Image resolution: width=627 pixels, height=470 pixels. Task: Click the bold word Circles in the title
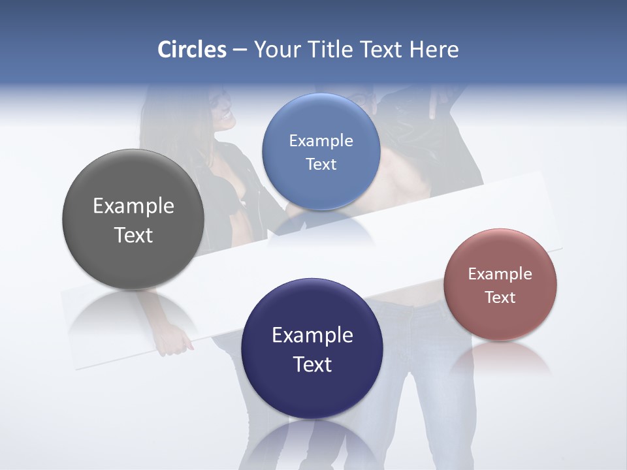[x=192, y=50]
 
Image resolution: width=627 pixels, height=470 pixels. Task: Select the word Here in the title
[x=434, y=50]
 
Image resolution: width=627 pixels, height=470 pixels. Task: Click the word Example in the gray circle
[x=133, y=206]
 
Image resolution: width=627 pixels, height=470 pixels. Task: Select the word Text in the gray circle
[x=133, y=235]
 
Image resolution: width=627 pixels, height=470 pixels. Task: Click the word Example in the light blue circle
[x=321, y=141]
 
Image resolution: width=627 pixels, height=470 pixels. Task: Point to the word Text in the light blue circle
[x=321, y=164]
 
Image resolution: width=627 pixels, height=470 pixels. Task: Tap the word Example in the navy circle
[x=312, y=336]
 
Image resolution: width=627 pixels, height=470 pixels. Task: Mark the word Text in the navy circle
[x=312, y=364]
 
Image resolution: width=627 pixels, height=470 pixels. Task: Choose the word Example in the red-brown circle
[x=500, y=274]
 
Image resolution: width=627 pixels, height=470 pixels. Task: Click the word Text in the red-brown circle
[x=500, y=298]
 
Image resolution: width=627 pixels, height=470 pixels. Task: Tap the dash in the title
[x=240, y=50]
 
